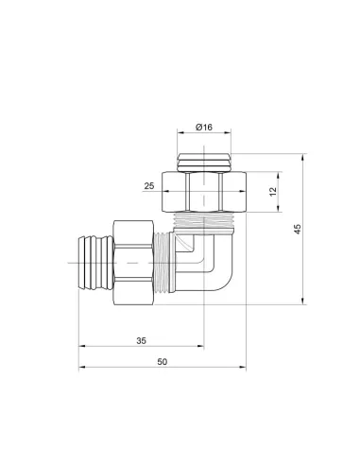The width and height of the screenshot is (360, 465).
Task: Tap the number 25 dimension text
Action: pyautogui.click(x=149, y=187)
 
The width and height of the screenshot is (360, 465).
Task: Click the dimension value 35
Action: pyautogui.click(x=140, y=339)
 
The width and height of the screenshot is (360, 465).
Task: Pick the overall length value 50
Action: pyautogui.click(x=162, y=362)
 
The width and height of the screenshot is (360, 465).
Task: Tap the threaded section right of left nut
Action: pyautogui.click(x=168, y=259)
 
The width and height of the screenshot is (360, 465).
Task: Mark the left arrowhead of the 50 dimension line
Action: pyautogui.click(x=81, y=370)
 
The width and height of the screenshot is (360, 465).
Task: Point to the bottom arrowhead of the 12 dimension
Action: pyautogui.click(x=275, y=212)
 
